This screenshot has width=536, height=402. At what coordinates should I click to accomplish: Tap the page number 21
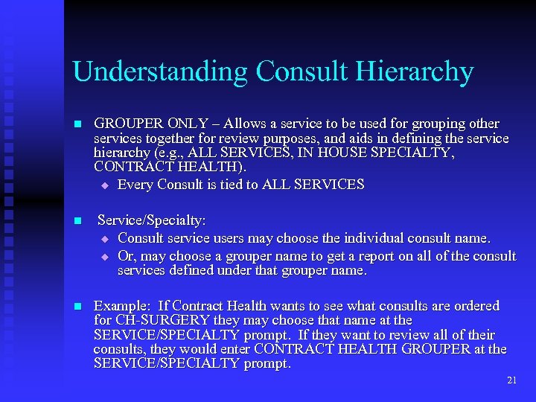click(x=511, y=380)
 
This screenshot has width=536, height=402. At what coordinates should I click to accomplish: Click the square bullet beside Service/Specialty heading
click(x=76, y=222)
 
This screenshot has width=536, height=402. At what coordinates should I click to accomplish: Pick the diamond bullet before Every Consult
click(x=105, y=185)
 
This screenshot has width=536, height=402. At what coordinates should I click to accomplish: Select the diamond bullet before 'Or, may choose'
click(x=105, y=257)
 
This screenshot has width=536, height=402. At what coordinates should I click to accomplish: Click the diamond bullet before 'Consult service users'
click(x=105, y=240)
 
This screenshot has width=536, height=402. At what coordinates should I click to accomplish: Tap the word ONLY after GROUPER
click(x=190, y=124)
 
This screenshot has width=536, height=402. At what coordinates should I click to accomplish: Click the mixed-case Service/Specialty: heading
click(x=152, y=221)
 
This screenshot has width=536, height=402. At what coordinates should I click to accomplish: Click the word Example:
click(x=121, y=306)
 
